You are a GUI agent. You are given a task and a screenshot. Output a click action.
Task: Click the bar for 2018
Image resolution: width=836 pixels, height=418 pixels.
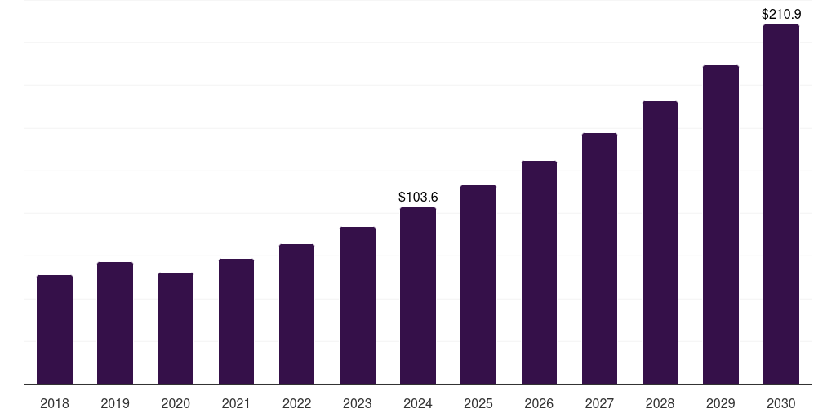coord(55,330)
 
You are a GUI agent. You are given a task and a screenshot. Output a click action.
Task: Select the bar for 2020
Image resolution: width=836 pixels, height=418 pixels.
coord(176,328)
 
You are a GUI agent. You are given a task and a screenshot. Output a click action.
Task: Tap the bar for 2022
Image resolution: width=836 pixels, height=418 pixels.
coord(296,314)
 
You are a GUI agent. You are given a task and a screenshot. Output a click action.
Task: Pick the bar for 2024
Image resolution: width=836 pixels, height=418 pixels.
coord(418,296)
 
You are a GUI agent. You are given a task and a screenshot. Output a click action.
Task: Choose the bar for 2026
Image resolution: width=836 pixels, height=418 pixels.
coord(539,273)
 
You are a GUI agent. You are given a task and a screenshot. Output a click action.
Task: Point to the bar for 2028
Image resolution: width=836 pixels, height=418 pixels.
coord(660,242)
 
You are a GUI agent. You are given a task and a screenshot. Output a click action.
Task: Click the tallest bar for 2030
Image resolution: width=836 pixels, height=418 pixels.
coord(780,204)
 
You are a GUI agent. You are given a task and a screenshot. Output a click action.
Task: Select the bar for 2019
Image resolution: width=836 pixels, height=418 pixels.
coord(115,323)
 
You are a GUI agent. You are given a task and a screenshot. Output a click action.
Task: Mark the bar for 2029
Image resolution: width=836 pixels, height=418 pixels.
coord(720,225)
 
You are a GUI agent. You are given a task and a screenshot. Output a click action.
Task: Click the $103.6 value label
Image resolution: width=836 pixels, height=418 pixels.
coord(418,197)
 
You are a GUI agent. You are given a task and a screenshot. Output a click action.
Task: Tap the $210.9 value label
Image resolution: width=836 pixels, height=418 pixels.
coord(780,14)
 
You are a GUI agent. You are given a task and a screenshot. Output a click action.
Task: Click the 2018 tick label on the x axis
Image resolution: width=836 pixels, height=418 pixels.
coord(55,403)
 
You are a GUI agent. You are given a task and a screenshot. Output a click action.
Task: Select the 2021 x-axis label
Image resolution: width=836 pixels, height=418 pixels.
coord(236,403)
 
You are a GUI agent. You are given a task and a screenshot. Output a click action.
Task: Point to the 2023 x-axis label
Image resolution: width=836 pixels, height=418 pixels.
coord(357,403)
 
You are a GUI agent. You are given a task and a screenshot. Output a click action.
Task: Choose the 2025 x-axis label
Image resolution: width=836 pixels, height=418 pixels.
coord(478,403)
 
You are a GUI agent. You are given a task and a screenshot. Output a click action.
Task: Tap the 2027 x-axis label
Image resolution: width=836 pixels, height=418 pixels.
coord(599,403)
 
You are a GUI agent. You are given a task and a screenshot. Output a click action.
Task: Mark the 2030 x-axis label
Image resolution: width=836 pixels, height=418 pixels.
coord(780,403)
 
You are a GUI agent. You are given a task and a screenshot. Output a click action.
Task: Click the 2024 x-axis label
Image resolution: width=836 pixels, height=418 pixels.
coord(418,403)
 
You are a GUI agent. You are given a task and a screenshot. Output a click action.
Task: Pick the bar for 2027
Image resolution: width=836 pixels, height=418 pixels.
coord(599,259)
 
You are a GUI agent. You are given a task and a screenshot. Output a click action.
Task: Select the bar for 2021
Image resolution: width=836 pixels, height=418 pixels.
coord(236,322)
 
